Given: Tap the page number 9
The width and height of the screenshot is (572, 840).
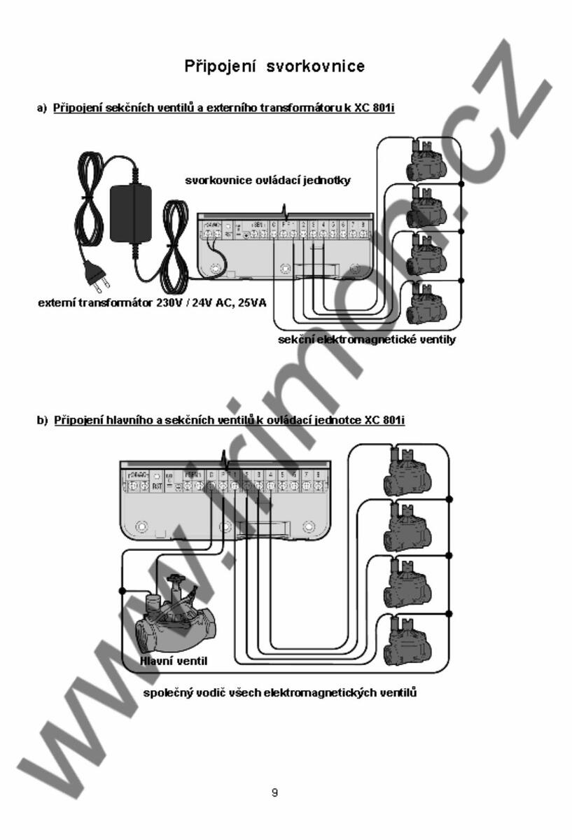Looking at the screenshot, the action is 275,793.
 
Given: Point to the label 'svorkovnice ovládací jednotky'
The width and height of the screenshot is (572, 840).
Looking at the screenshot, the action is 267,180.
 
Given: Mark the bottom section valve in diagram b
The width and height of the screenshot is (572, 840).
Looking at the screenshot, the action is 402,633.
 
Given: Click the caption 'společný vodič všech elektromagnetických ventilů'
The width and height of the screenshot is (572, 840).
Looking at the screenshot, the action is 280,694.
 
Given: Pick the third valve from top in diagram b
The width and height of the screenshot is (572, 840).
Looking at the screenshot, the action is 402,581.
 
